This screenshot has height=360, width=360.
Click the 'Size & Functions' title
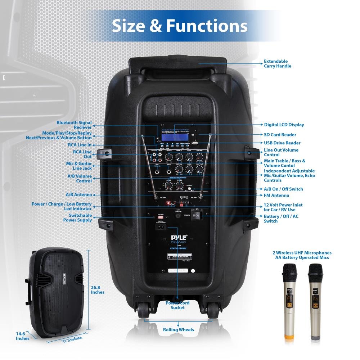point(179,26)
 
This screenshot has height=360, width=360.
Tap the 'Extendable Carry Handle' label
point(277,64)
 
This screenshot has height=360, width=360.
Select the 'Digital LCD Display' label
point(284,125)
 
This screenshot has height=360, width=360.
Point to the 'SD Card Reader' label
point(280,135)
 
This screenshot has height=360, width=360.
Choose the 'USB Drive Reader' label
point(282,143)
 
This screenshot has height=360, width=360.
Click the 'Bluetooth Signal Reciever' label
point(74,125)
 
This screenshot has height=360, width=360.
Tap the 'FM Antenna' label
point(276,195)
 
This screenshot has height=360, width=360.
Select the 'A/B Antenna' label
point(78,195)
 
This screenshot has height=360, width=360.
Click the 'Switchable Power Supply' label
point(77,218)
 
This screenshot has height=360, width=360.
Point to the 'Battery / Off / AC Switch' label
point(281,219)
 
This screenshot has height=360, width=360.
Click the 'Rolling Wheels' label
point(178,329)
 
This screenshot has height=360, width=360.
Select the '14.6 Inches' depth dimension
point(22,336)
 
